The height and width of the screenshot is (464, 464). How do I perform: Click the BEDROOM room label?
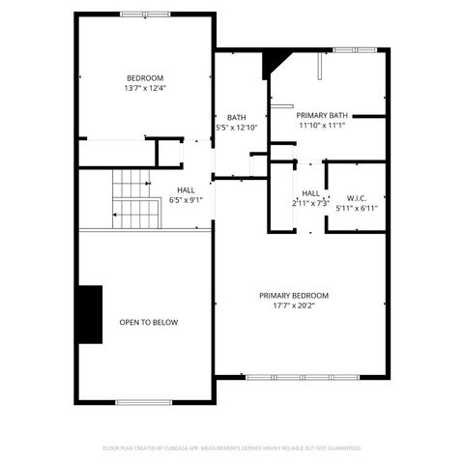coord(145,77)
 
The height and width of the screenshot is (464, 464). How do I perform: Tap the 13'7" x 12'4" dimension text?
coord(145,88)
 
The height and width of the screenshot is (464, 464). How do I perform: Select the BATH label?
coord(237,117)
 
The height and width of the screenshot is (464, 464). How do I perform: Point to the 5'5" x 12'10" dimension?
coord(237,128)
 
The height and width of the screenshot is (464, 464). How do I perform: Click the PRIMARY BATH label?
coord(322,113)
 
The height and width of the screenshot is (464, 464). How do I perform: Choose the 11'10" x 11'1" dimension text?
coord(322,124)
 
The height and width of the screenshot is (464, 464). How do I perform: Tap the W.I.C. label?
coord(356,196)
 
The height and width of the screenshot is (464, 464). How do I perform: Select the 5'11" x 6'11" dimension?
coord(356,207)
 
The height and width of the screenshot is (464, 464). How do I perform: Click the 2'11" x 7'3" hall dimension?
coord(310,203)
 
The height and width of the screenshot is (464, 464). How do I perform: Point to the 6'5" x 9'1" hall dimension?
coord(186,200)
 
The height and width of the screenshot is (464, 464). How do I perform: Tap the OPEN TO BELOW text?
coord(148,322)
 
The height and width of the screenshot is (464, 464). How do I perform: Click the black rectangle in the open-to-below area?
coord(91,314)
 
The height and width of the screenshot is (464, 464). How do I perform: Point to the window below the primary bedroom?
coord(301,376)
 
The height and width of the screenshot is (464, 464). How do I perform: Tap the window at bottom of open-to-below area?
coord(143,402)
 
